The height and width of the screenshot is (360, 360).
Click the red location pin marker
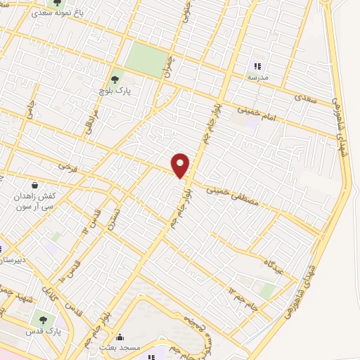coord(181,165)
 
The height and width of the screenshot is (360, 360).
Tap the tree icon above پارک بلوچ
coord(115,79)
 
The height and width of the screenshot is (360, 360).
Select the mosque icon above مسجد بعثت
coord(120,336)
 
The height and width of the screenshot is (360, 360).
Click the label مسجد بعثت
coord(120,347)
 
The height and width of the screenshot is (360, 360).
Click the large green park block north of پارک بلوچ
coord(148,58)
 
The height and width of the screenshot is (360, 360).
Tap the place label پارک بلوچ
coord(115,91)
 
